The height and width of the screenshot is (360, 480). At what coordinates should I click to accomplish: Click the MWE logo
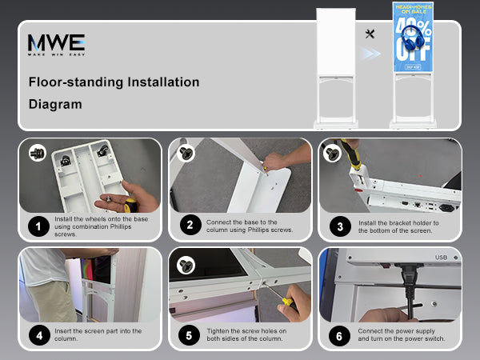(x=56, y=44)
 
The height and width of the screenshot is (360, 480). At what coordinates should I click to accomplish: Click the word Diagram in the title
(x=55, y=104)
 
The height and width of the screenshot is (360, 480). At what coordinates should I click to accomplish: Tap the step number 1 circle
(x=38, y=226)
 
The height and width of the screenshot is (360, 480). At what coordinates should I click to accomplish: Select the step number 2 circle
(x=190, y=225)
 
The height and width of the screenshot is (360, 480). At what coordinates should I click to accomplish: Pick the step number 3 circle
(x=340, y=226)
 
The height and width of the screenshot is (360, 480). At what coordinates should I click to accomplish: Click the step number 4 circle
(x=39, y=335)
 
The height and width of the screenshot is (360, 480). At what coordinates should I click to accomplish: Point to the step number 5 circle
(x=189, y=335)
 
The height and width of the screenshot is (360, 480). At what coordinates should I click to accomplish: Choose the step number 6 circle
(x=339, y=336)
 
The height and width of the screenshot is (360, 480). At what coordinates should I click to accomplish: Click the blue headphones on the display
(x=412, y=38)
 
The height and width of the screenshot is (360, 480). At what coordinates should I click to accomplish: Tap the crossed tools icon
(x=370, y=34)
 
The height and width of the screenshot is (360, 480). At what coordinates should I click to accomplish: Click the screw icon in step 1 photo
(x=38, y=153)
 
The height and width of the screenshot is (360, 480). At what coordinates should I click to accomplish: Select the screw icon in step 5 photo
(x=186, y=265)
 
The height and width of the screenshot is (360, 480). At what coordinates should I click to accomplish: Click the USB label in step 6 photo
(x=441, y=258)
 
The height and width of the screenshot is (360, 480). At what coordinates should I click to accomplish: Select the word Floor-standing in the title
(x=77, y=82)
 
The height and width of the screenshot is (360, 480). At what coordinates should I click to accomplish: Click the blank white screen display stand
(x=336, y=68)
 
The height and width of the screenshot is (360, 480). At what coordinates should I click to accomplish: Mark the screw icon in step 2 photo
(x=186, y=153)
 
